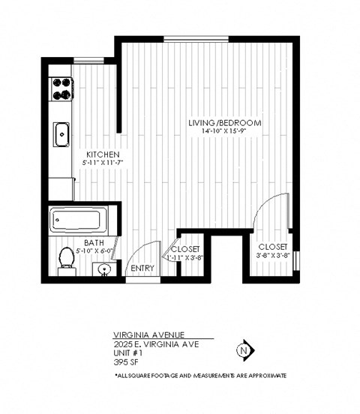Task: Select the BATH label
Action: (94, 242)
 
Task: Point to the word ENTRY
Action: (142, 268)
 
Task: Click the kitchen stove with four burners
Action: (61, 88)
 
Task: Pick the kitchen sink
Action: (61, 135)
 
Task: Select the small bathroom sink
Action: (106, 268)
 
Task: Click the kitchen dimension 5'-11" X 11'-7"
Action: (102, 162)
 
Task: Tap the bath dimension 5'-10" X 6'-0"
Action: (94, 251)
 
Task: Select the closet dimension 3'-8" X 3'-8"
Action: (272, 256)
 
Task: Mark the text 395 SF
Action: (124, 361)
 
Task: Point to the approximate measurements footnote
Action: (199, 375)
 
